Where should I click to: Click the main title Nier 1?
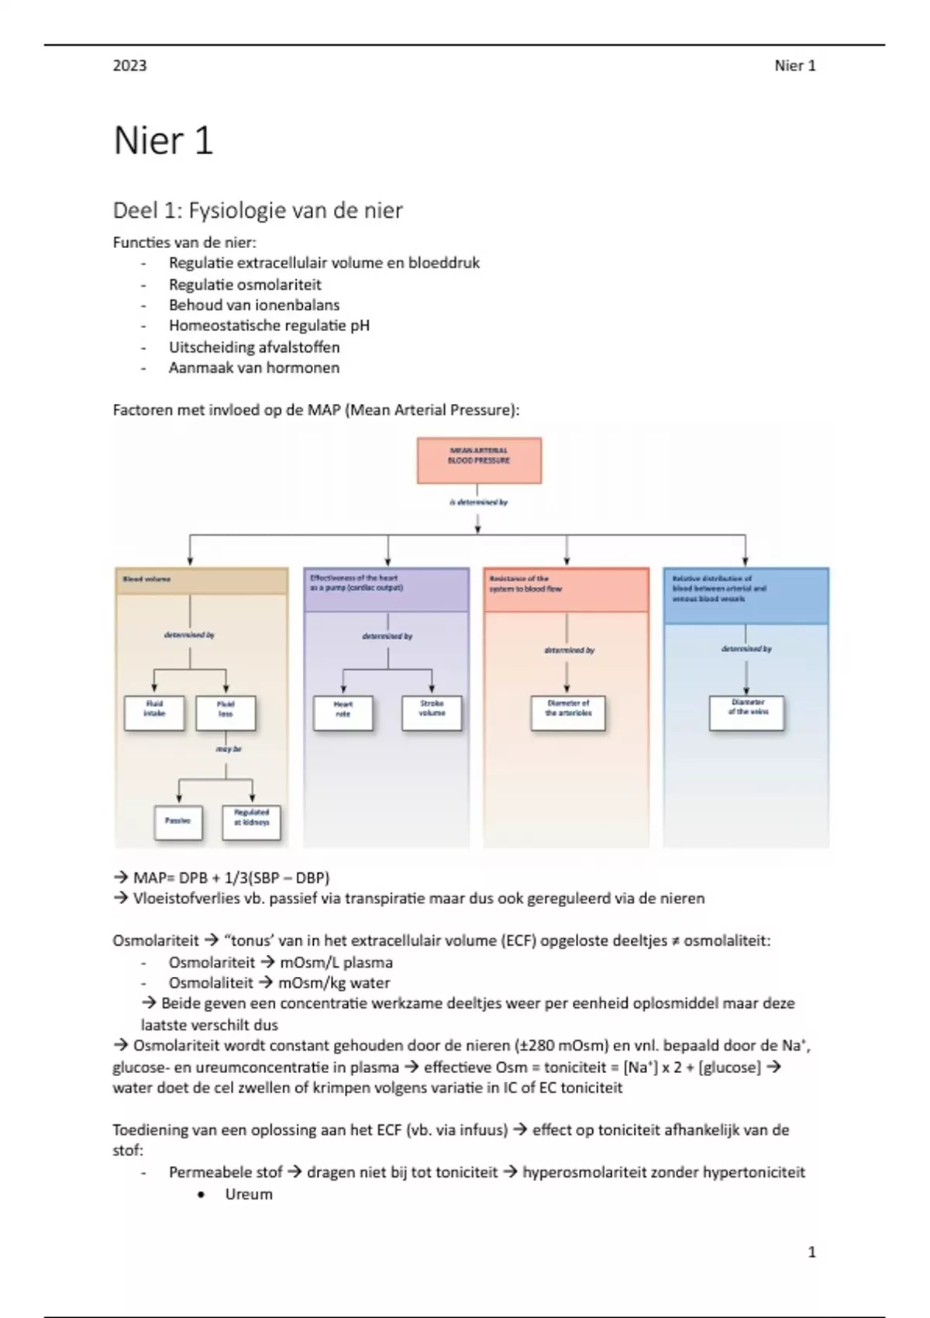163,141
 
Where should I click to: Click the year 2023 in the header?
129,66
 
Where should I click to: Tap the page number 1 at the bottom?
811,1251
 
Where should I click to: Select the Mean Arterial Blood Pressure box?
479,461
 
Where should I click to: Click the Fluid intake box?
154,712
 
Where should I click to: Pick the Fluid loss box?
226,712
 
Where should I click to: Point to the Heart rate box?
343,712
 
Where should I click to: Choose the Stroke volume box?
432,712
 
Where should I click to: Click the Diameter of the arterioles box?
568,712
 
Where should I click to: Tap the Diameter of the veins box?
747,712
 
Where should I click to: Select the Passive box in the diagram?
178,822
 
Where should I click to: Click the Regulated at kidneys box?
251,822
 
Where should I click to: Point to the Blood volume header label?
146,579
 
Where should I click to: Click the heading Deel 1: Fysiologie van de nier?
257,210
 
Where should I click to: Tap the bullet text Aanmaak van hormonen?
254,367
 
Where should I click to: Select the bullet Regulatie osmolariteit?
245,285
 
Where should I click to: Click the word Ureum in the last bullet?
249,1194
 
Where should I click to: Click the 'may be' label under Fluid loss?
229,750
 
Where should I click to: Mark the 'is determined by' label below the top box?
478,502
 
